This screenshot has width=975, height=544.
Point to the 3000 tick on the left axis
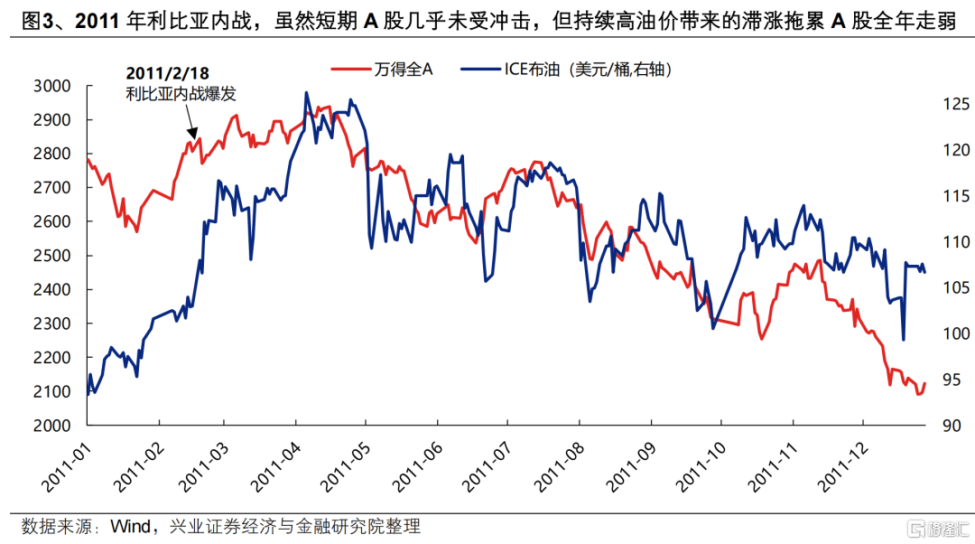coord(51,86)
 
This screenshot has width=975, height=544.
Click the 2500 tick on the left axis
coord(51,256)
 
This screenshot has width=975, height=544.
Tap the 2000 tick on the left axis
coord(51,426)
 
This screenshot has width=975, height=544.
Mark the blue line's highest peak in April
coord(307,92)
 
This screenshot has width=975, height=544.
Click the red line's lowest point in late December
coord(919,394)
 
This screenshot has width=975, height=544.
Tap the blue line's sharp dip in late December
coord(904,340)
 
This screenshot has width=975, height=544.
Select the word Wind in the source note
coord(133,526)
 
